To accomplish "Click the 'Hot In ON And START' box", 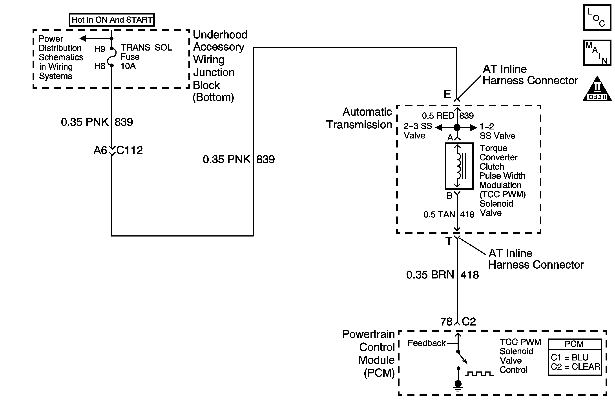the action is (112, 20).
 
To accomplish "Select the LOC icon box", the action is (597, 18).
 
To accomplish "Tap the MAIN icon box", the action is (597, 53).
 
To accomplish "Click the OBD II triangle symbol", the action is (597, 88).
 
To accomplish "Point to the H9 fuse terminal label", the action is (100, 49).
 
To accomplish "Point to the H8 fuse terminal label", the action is (100, 66).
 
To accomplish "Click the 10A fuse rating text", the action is (128, 66).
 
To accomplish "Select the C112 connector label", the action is (130, 150).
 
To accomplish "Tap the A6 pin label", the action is (100, 150).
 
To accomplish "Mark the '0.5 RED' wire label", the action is (438, 115).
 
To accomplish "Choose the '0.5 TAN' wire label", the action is (439, 214).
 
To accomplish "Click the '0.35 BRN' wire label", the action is (430, 275).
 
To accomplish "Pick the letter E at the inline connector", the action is (447, 94).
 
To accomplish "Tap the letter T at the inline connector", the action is (449, 241).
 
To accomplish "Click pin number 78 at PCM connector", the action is (447, 322).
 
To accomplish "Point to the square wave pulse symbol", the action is (479, 374).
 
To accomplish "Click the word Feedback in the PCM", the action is (427, 343).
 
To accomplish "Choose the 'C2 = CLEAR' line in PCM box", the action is (575, 367).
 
